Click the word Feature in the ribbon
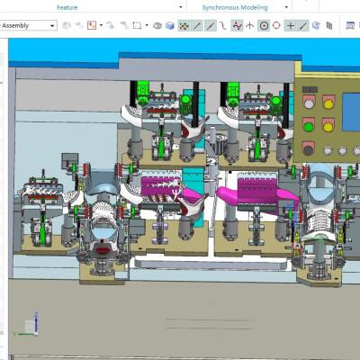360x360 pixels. click(67, 7)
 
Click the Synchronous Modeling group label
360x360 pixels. click(235, 7)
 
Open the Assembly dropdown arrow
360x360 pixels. click(52, 26)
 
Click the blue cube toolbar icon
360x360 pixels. click(170, 26)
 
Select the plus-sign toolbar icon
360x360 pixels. click(290, 26)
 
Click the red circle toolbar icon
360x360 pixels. click(276, 25)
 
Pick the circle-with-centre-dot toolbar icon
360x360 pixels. click(264, 26)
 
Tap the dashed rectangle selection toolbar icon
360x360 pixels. click(137, 25)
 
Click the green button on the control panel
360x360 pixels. click(309, 127)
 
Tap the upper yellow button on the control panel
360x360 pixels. click(328, 104)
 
